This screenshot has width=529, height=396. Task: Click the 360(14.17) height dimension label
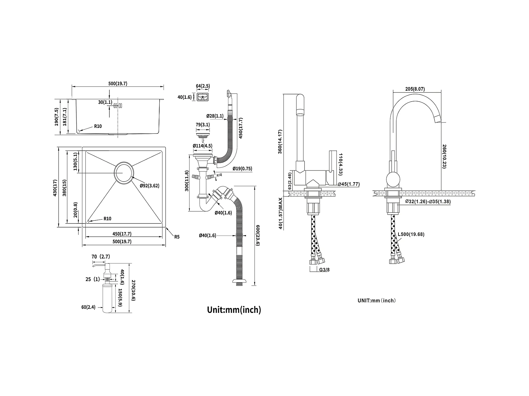pos(280,141)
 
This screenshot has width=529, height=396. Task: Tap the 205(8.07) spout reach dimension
pos(415,89)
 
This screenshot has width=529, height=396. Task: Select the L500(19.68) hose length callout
pos(411,234)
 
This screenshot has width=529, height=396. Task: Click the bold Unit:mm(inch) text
pos(234,310)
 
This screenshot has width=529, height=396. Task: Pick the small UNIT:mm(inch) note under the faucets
pos(377,301)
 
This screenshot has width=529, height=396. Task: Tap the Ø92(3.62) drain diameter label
pos(150,186)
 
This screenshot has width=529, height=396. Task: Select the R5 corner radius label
pos(177,237)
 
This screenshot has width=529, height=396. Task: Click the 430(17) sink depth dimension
pos(55,188)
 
